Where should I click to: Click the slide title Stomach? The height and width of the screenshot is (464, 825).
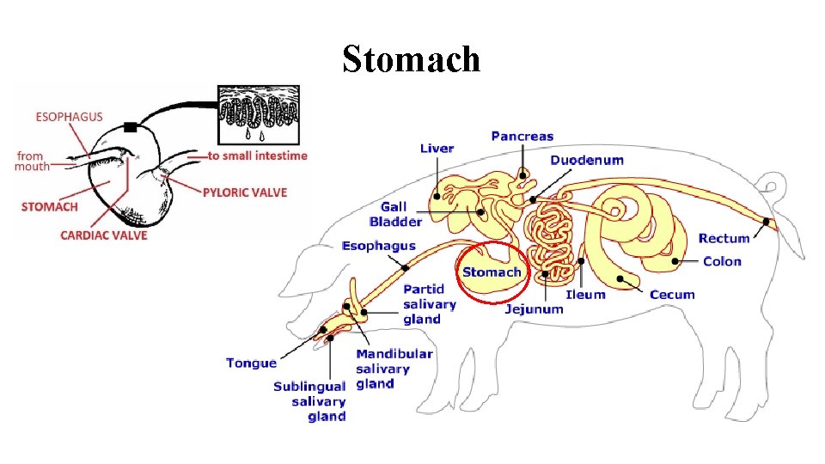click(x=411, y=59)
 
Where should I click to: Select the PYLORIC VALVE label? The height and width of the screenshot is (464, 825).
click(x=245, y=192)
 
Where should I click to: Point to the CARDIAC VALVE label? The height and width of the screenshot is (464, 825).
click(x=104, y=235)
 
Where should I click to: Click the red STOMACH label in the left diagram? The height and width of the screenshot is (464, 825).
click(x=49, y=206)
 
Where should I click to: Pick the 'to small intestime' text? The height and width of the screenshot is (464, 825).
click(x=258, y=156)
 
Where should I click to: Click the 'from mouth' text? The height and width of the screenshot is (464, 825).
click(x=31, y=161)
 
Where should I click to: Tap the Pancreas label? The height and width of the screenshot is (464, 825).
click(x=522, y=136)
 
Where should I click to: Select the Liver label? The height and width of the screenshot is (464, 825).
click(x=437, y=149)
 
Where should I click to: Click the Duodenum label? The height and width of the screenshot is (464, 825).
click(x=587, y=160)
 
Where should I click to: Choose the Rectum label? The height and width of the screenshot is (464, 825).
click(x=724, y=238)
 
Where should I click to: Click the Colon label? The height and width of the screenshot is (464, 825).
click(x=722, y=261)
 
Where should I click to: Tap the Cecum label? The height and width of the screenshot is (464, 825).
click(x=672, y=295)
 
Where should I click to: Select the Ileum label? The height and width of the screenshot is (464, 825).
click(x=585, y=295)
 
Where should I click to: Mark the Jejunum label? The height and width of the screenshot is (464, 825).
click(x=535, y=308)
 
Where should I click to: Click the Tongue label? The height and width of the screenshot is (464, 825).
click(x=251, y=363)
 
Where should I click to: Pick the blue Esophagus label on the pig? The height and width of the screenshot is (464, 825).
click(x=379, y=246)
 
